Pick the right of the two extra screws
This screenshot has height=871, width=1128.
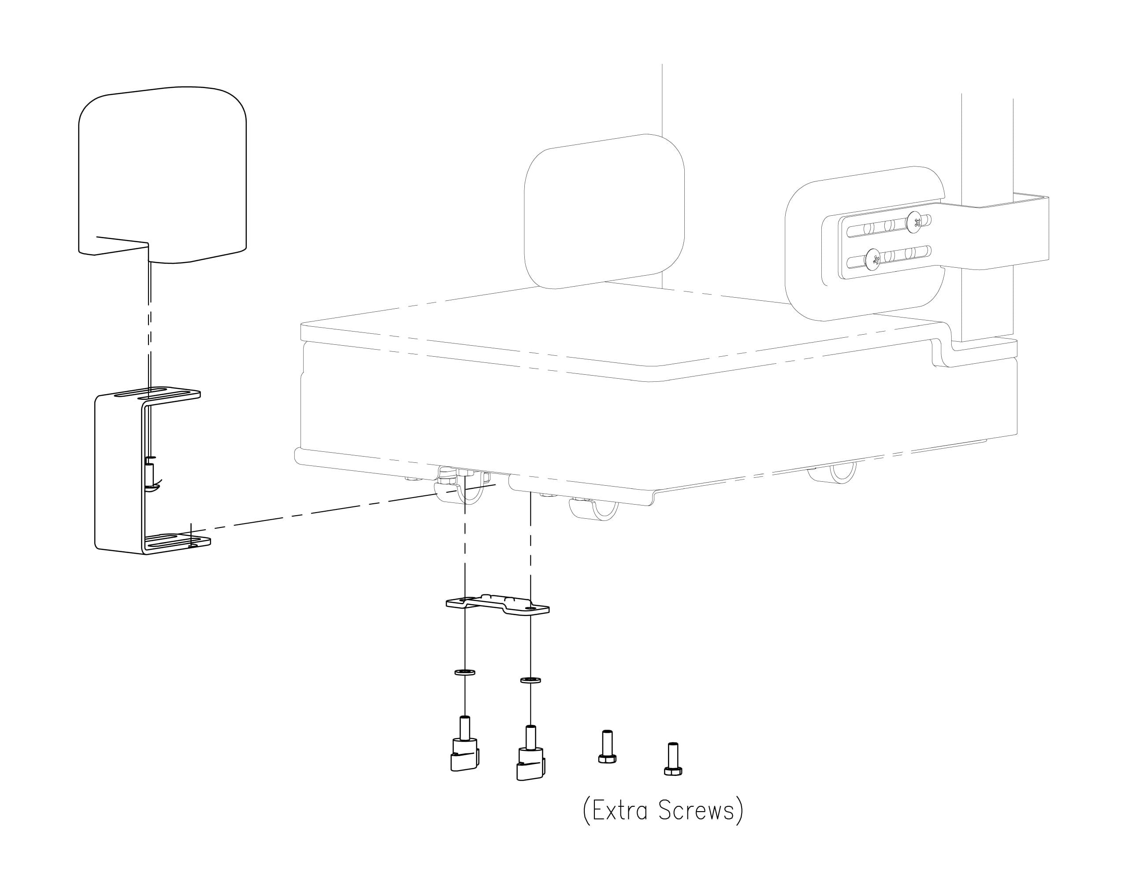click(x=672, y=759)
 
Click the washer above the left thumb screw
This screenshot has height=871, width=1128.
click(x=465, y=672)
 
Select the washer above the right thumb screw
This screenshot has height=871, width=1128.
click(x=531, y=680)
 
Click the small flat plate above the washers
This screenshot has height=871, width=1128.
click(x=497, y=605)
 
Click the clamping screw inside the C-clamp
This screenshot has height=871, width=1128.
click(x=150, y=472)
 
